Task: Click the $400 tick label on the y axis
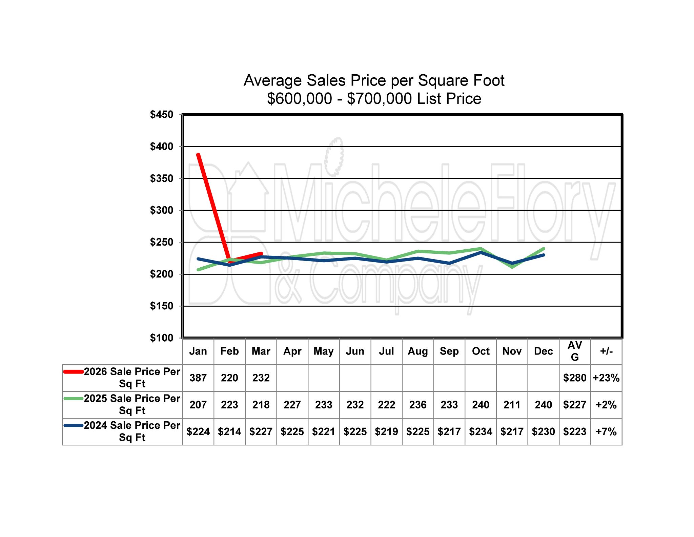click(161, 147)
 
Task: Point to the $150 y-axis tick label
click(161, 306)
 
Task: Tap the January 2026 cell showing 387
click(198, 378)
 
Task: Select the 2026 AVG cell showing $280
click(575, 378)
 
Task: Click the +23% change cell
click(606, 378)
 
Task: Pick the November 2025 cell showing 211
click(512, 405)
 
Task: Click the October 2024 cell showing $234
click(481, 431)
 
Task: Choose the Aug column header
click(418, 351)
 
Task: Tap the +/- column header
click(606, 351)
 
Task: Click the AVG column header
click(575, 351)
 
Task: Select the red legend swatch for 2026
click(74, 372)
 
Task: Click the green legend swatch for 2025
click(74, 399)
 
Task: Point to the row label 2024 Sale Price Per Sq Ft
click(132, 431)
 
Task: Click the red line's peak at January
click(198, 155)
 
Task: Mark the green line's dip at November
click(512, 267)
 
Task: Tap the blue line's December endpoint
click(544, 255)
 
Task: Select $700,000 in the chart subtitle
click(380, 99)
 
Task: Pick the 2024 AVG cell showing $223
click(575, 431)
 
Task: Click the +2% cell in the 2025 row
click(606, 405)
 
